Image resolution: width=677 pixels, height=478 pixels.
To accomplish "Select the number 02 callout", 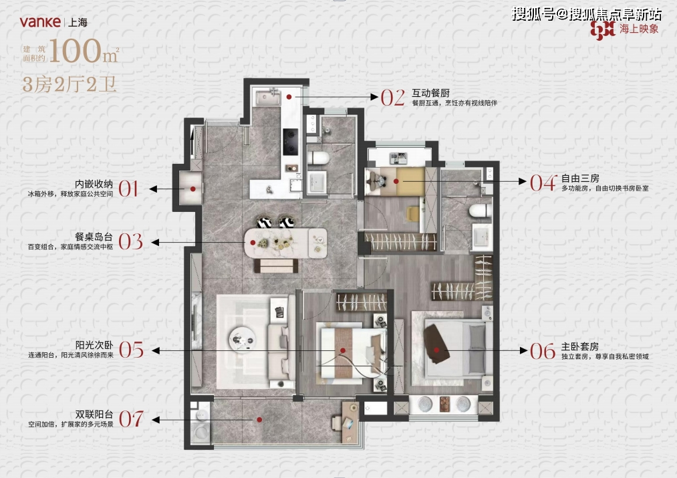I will [393, 98].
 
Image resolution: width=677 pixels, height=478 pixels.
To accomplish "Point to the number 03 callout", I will [131, 241].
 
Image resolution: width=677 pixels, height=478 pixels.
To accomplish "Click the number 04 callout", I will [543, 183].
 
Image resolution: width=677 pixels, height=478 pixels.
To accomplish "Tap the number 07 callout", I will [131, 419].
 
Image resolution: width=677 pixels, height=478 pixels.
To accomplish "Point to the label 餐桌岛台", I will [93, 235].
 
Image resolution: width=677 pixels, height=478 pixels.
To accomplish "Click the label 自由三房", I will [580, 178].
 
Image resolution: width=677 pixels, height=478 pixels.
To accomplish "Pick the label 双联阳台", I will [93, 414].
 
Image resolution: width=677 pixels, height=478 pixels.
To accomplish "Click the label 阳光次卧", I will [93, 346].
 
